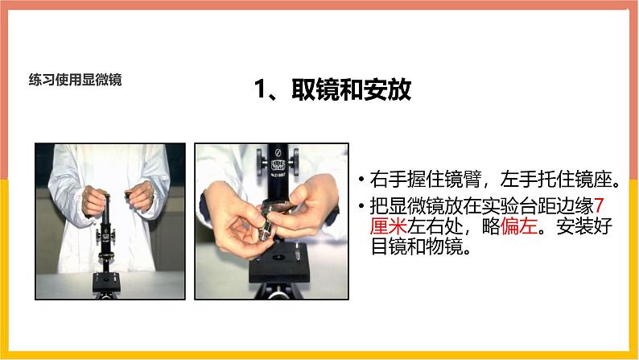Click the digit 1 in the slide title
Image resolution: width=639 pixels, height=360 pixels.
coord(260,89)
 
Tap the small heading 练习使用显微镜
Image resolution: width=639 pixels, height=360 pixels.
coord(76,80)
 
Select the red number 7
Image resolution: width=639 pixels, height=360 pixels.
coord(598,206)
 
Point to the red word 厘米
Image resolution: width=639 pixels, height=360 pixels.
coord(389,226)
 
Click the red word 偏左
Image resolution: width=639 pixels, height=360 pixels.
coord(519,226)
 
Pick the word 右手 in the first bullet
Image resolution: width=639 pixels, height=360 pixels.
coord(389,180)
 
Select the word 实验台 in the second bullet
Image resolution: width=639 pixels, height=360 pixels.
coord(509,206)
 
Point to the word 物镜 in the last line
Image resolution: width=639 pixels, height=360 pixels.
coord(444,246)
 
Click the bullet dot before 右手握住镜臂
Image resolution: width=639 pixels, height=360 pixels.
coord(361,180)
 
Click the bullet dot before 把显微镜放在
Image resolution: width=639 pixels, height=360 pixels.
coord(361,206)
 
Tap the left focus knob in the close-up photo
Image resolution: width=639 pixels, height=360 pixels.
coord(261,161)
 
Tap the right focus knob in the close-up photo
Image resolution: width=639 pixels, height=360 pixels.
coord(295,161)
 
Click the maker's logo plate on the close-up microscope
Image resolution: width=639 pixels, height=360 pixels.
coord(278,165)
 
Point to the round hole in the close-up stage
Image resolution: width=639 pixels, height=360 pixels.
coord(278,258)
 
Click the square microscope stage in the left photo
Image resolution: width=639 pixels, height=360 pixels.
coord(106,282)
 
